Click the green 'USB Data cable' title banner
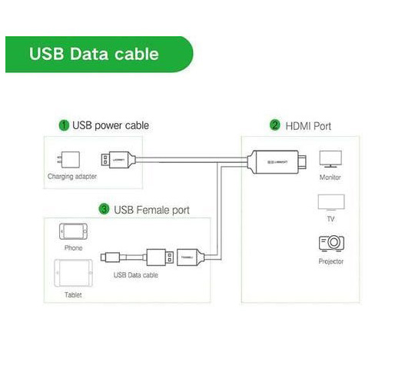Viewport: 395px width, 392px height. tap(99, 55)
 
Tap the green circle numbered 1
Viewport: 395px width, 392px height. tap(64, 125)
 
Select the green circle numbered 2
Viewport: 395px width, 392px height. tap(275, 125)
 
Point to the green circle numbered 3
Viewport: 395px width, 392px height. tap(104, 209)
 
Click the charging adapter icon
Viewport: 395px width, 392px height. tap(68, 160)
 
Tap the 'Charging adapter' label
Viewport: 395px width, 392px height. tap(72, 176)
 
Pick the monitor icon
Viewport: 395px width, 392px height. tap(330, 159)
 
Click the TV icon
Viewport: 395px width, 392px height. tap(331, 202)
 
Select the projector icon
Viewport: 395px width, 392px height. tap(331, 243)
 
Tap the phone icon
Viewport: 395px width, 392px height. tap(73, 231)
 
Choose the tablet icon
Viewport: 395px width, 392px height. tap(73, 273)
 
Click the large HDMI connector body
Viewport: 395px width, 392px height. tap(277, 162)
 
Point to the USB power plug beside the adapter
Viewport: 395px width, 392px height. tap(118, 160)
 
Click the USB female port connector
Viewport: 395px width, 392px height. tap(191, 257)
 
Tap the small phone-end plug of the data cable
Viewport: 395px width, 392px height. tap(111, 257)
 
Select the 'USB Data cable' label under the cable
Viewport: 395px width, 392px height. tap(136, 275)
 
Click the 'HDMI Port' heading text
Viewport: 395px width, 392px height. tap(308, 126)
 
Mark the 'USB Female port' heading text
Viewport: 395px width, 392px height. tap(151, 210)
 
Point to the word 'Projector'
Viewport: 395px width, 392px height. tap(331, 261)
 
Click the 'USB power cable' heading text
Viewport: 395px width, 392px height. tap(111, 125)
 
